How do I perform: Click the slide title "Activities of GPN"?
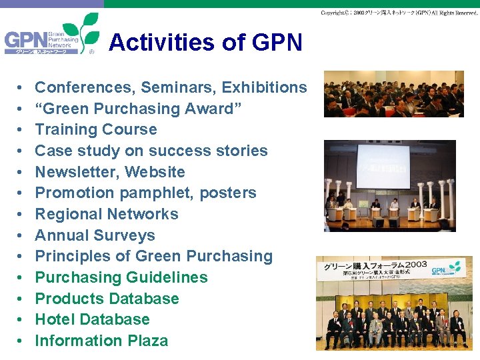pos(205,43)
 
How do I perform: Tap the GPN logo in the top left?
pos(51,39)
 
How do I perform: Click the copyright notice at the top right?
pos(399,13)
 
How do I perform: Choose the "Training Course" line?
pos(96,129)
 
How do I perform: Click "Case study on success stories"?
pos(151,151)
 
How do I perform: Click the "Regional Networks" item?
pos(107,214)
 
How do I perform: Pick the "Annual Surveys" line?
pos(95,235)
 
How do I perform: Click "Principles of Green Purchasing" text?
pos(153,256)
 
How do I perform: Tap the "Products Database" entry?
pos(107,299)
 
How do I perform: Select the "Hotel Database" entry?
pos(92,319)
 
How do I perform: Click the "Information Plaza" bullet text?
pos(101,341)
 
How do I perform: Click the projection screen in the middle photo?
pos(383,165)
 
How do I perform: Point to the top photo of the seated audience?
pos(393,93)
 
